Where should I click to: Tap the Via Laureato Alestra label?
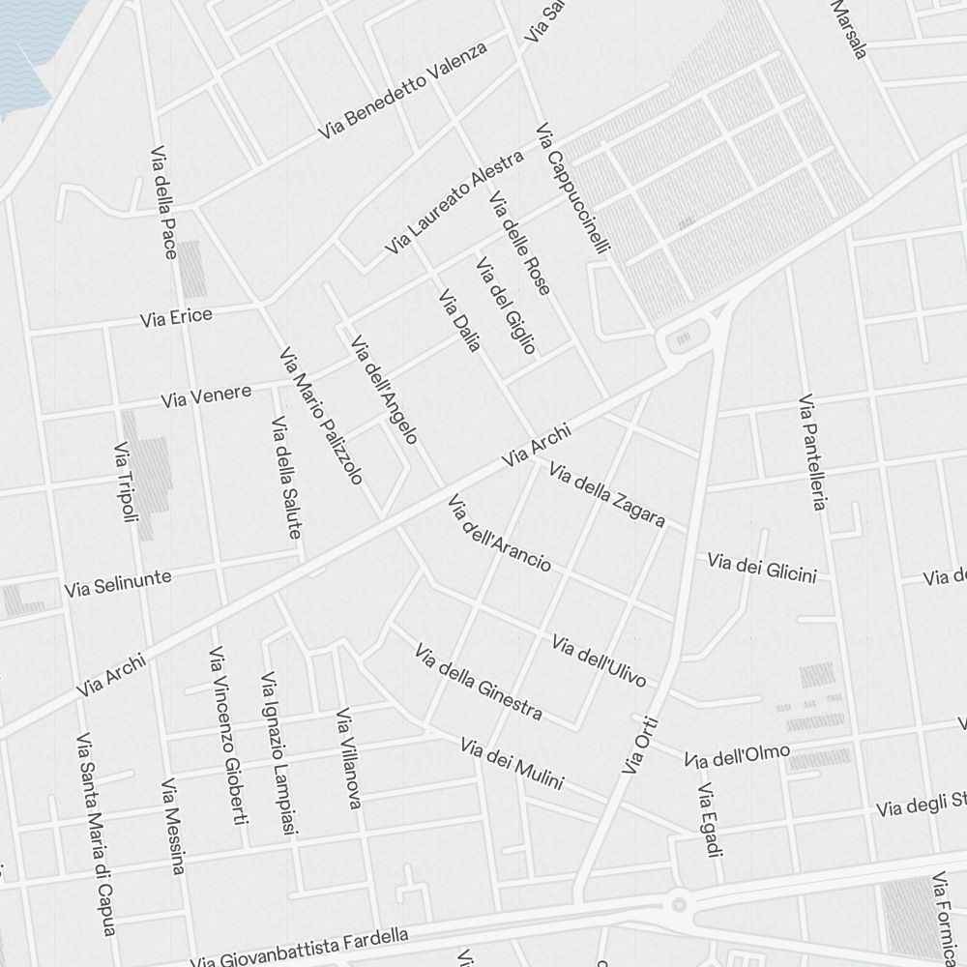click(x=454, y=203)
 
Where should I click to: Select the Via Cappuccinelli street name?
click(x=573, y=190)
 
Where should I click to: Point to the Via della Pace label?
click(x=163, y=203)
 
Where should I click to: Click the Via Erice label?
click(x=176, y=316)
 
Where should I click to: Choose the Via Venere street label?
click(x=206, y=396)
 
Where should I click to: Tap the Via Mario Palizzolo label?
click(x=321, y=416)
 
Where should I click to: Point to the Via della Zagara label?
click(x=607, y=495)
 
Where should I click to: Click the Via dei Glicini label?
click(x=762, y=567)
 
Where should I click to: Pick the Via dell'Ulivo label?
click(x=599, y=660)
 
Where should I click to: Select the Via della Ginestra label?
click(x=478, y=683)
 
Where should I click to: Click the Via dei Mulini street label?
click(x=512, y=764)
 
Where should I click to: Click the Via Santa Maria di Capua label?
click(x=97, y=835)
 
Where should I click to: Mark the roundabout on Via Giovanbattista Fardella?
click(x=680, y=904)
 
